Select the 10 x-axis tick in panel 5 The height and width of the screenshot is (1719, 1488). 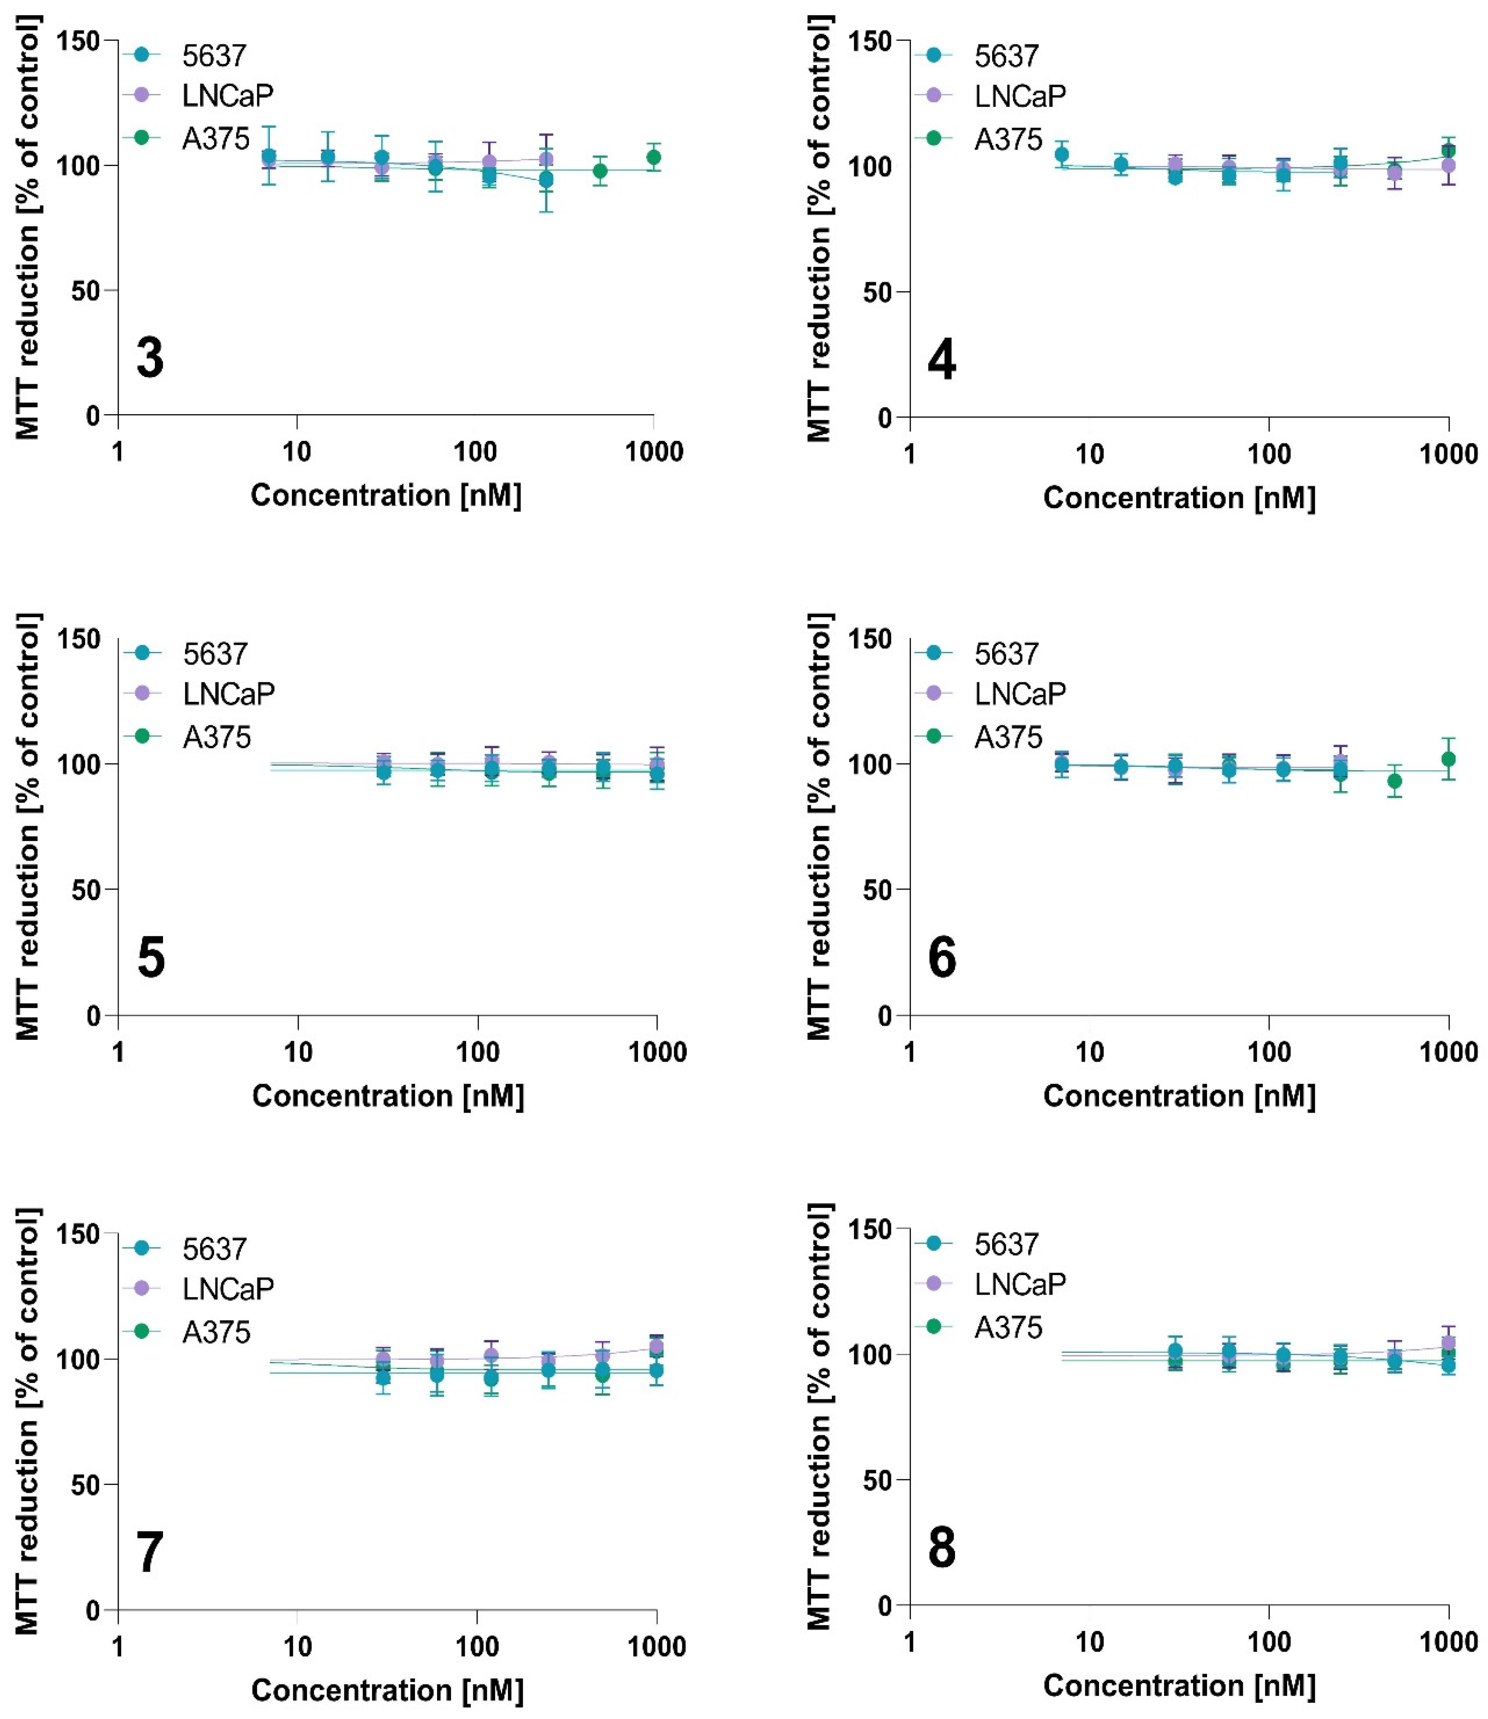pyautogui.click(x=298, y=1052)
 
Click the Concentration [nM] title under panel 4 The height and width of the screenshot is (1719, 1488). pyautogui.click(x=1179, y=498)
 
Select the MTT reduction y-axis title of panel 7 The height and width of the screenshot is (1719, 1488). pyautogui.click(x=27, y=1422)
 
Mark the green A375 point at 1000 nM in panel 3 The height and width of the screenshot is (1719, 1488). pyautogui.click(x=653, y=157)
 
